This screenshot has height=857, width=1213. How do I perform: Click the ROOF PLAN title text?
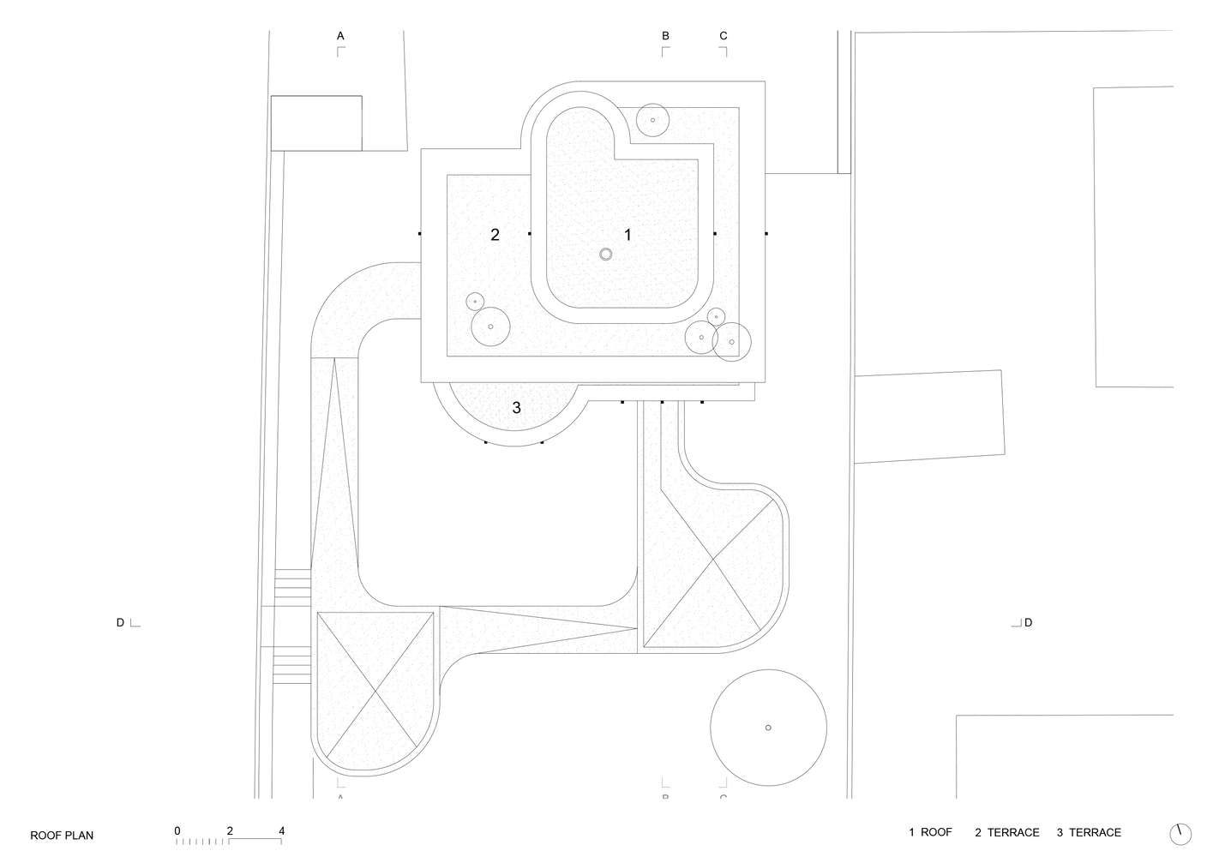click(62, 836)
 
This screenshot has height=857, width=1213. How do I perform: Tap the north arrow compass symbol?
click(1180, 833)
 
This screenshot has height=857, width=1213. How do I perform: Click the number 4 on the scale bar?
click(281, 830)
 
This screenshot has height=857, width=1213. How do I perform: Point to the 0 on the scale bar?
click(177, 830)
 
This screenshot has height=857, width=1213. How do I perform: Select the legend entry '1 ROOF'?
click(930, 832)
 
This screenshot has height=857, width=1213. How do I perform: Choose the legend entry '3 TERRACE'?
click(1088, 832)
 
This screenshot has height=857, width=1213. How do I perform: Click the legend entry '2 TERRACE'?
click(1006, 832)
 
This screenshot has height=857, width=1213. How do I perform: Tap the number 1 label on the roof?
click(628, 234)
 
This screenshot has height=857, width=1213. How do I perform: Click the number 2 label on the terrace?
click(495, 234)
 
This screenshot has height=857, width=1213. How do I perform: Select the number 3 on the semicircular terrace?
click(516, 408)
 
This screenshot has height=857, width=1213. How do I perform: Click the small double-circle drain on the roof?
click(606, 254)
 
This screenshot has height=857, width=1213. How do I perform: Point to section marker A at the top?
click(340, 36)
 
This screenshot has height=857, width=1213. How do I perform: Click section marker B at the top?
click(665, 36)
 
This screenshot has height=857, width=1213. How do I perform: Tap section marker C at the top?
click(724, 36)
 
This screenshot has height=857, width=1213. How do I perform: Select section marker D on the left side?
click(121, 622)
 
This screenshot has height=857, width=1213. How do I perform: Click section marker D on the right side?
click(1028, 622)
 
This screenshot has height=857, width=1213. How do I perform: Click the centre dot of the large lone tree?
click(768, 728)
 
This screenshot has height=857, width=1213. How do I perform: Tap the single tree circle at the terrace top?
click(653, 120)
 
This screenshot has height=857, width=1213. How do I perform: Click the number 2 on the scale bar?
click(230, 830)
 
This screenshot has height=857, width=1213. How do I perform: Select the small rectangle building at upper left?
click(316, 123)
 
